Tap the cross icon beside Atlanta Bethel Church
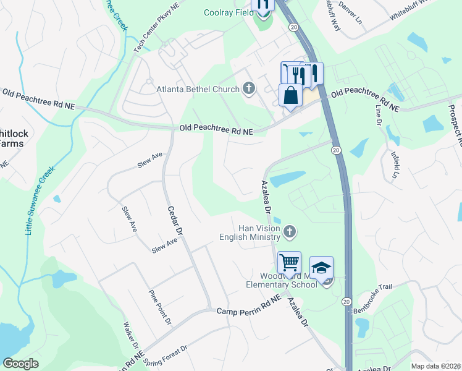(249, 89)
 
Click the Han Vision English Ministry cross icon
(290, 232)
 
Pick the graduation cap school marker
(321, 268)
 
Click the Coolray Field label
(229, 12)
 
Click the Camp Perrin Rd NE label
(249, 307)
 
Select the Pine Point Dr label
(160, 307)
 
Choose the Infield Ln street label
(392, 163)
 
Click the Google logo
(20, 363)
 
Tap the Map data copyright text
(436, 366)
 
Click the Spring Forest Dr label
(165, 356)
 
